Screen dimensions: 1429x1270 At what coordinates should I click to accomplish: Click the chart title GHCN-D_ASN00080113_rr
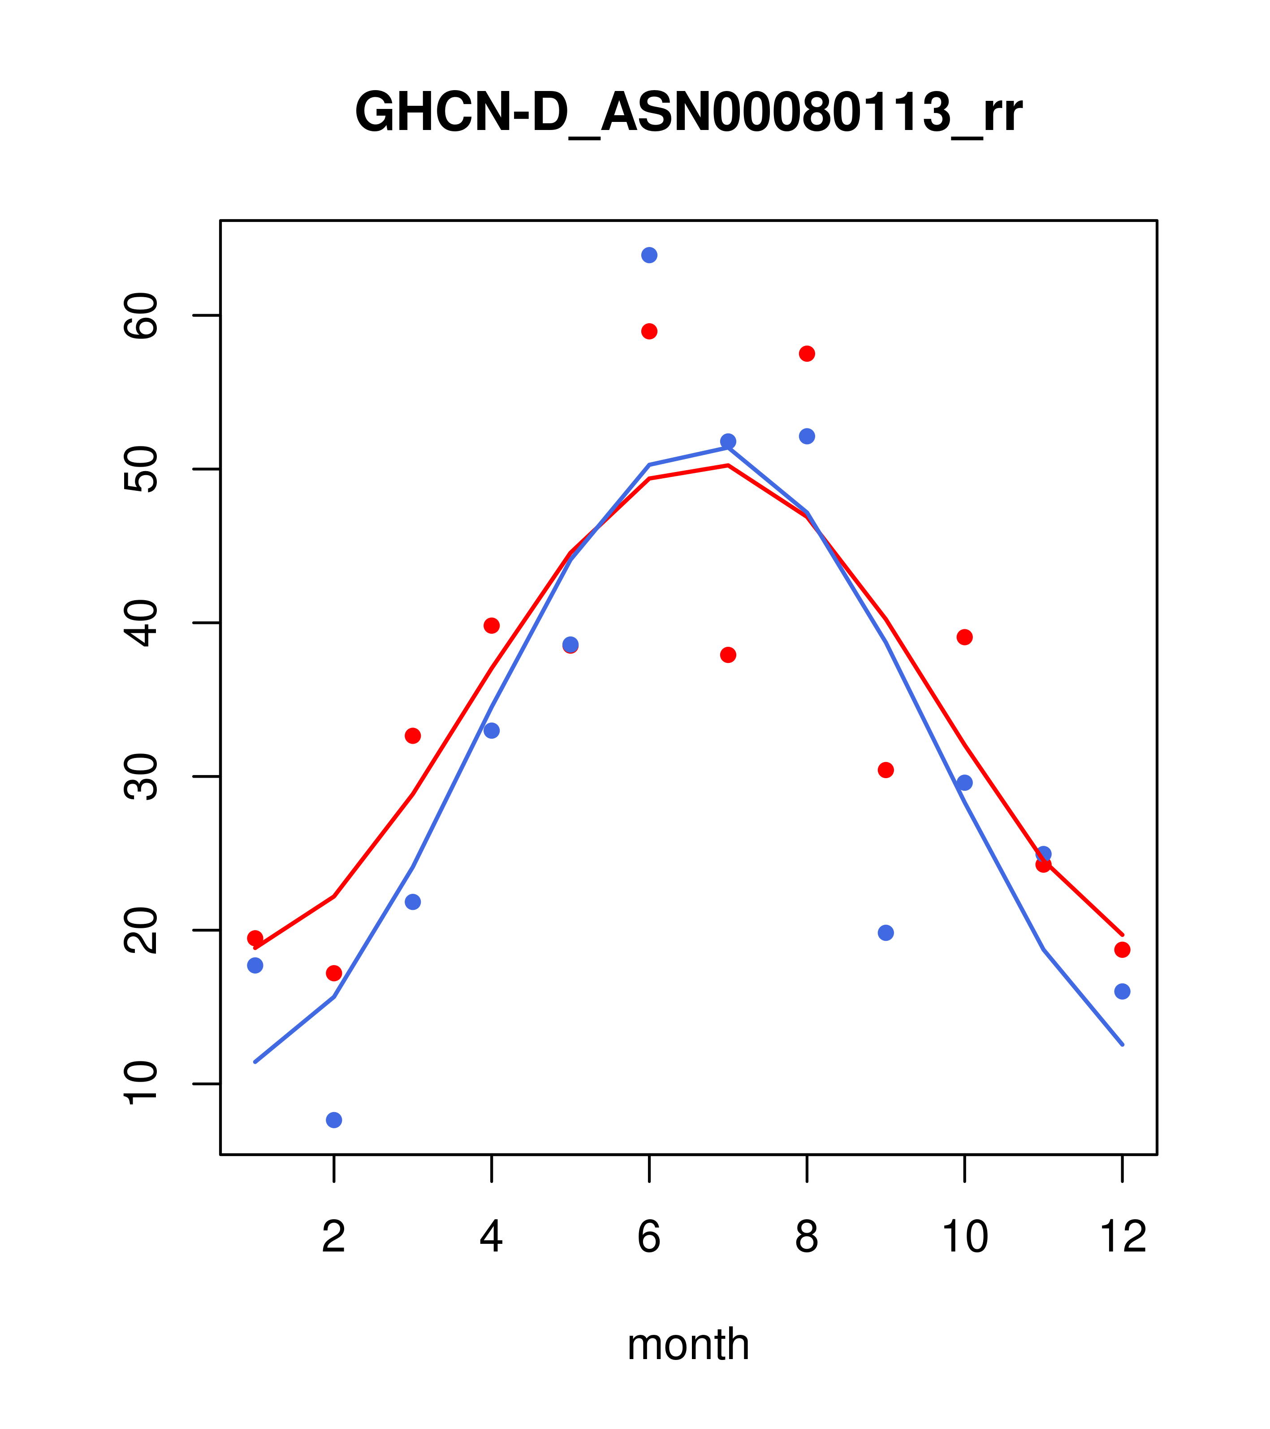pyautogui.click(x=688, y=113)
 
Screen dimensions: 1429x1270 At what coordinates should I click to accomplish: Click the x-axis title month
pyautogui.click(x=688, y=1344)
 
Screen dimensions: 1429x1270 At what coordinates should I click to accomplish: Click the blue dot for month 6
pyautogui.click(x=649, y=255)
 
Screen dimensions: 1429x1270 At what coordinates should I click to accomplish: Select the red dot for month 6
pyautogui.click(x=649, y=331)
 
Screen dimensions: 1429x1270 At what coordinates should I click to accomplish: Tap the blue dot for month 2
pyautogui.click(x=334, y=1120)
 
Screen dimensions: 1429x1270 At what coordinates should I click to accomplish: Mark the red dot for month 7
pyautogui.click(x=728, y=655)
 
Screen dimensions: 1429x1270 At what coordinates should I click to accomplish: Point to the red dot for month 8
pyautogui.click(x=807, y=354)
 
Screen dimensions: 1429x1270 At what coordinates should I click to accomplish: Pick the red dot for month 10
pyautogui.click(x=964, y=637)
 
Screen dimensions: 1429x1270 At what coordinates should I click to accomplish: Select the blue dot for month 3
pyautogui.click(x=413, y=902)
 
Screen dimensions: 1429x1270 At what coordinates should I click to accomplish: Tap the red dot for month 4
pyautogui.click(x=492, y=626)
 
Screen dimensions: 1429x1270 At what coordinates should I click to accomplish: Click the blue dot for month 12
pyautogui.click(x=1123, y=992)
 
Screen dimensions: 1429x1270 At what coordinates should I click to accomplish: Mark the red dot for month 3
pyautogui.click(x=413, y=736)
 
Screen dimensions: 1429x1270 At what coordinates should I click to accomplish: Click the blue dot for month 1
pyautogui.click(x=255, y=966)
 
